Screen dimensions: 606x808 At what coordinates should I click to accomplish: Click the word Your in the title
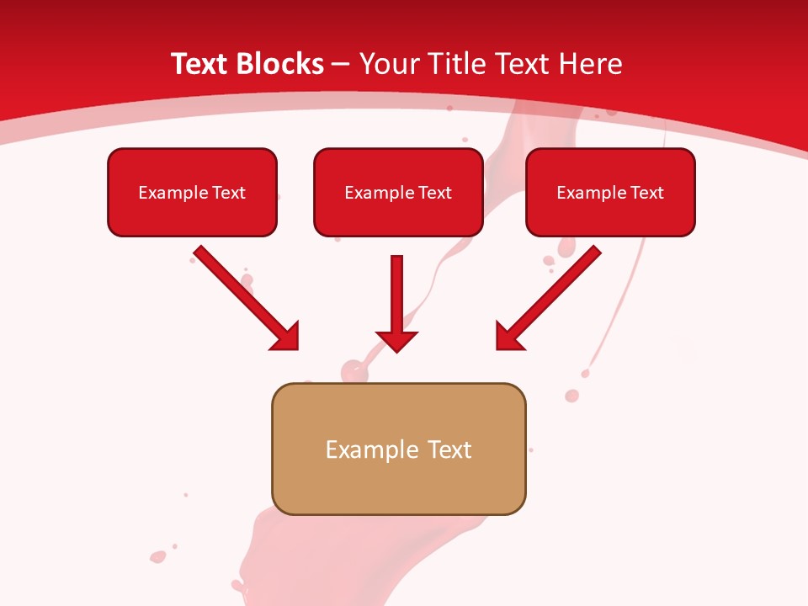coord(390,64)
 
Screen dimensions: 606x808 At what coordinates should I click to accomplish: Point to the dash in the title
coord(342,65)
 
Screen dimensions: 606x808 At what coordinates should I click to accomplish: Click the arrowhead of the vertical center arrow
coord(396,340)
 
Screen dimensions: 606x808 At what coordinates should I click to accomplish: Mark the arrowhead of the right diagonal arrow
coord(508,337)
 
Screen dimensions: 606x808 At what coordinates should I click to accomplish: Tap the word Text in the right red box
coord(647,193)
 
